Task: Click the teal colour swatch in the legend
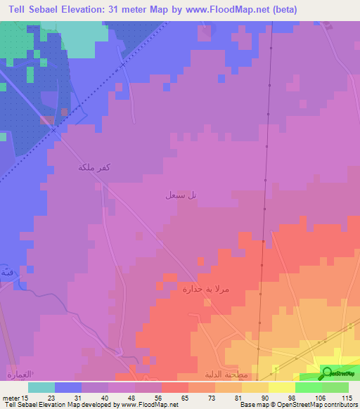[41, 387]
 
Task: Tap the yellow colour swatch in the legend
[282, 387]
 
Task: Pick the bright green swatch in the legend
[309, 387]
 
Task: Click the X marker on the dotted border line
[122, 64]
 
